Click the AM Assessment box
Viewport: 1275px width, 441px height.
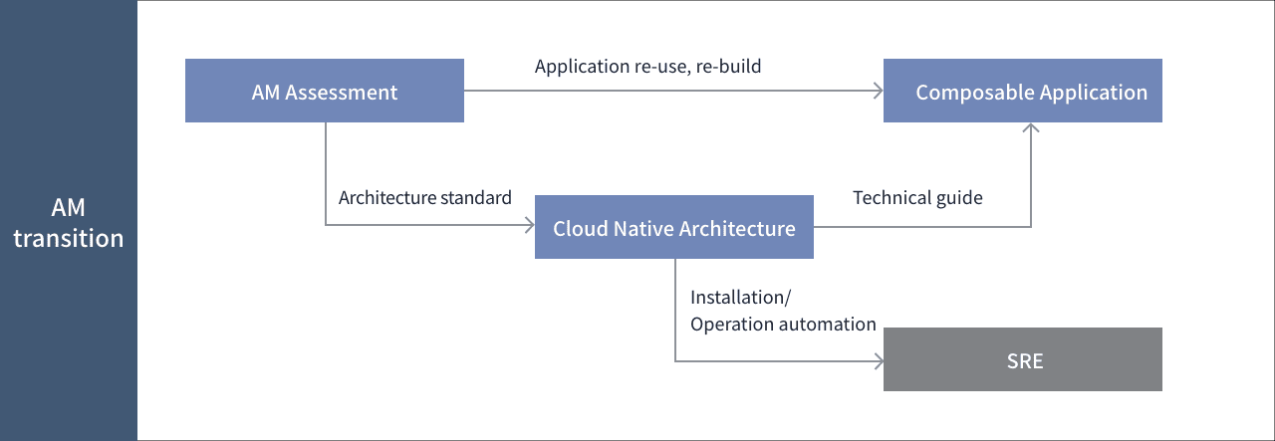tap(325, 91)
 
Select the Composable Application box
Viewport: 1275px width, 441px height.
tap(1023, 91)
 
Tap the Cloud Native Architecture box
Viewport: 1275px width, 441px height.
tap(674, 227)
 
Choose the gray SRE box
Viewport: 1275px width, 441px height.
tap(1023, 359)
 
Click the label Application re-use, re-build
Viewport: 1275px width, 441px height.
tap(647, 67)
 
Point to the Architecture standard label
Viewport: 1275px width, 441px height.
tap(425, 197)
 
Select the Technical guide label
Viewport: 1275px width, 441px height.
tap(917, 198)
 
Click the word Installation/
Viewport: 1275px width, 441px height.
tap(740, 297)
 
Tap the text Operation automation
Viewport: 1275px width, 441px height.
tap(783, 325)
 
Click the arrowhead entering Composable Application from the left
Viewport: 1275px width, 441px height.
tap(879, 91)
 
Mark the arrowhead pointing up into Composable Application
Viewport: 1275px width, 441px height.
tap(1031, 127)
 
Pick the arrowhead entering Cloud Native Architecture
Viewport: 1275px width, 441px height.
tap(530, 225)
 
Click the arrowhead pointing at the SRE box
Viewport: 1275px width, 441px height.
tap(879, 360)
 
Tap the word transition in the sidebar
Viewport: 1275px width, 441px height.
tap(69, 239)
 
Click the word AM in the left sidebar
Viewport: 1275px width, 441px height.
tap(69, 208)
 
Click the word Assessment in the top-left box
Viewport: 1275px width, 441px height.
tap(341, 93)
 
